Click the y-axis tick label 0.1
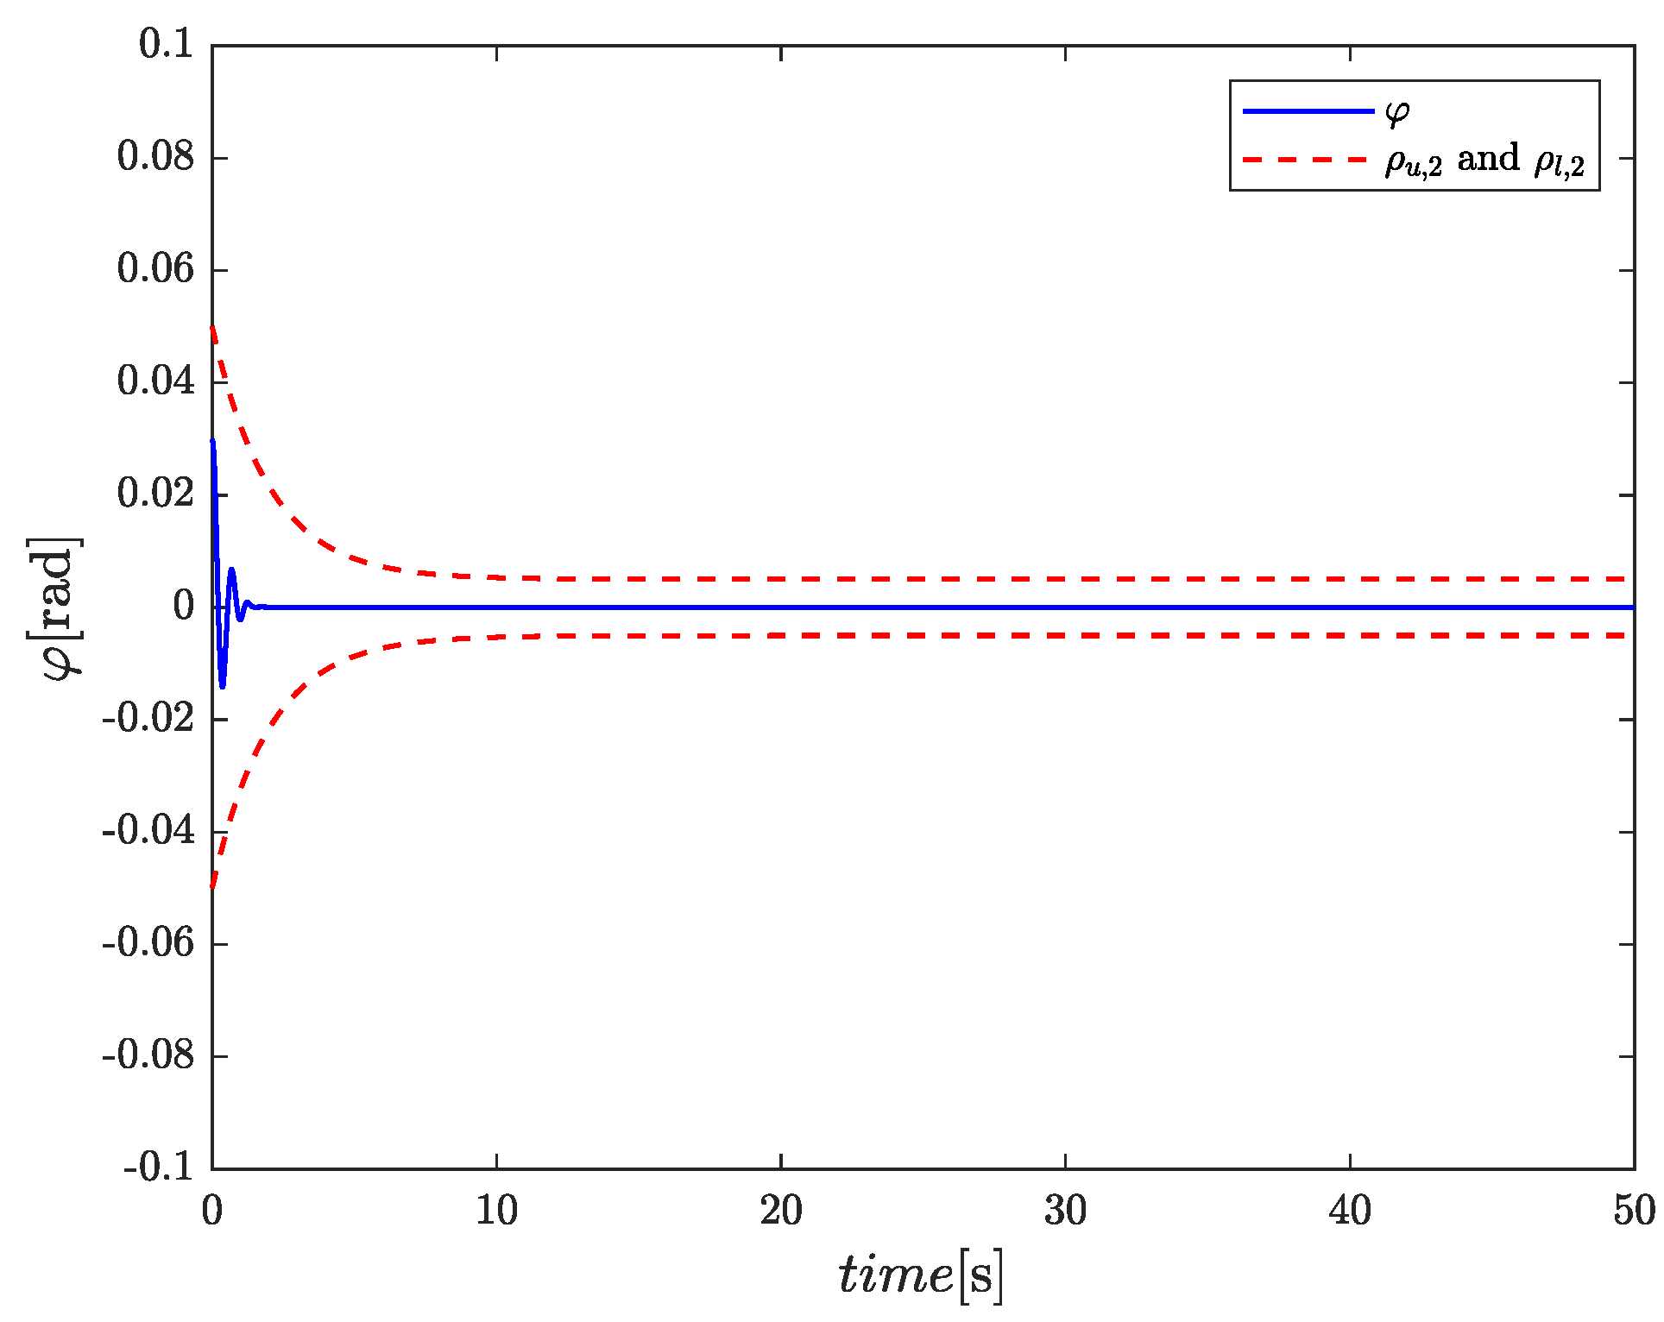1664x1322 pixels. [x=167, y=45]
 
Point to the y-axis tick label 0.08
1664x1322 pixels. [x=155, y=157]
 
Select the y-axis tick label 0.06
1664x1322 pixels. [x=155, y=269]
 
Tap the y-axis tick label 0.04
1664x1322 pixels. [x=155, y=381]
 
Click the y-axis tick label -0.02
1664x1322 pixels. [x=148, y=719]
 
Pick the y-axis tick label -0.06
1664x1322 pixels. [x=148, y=943]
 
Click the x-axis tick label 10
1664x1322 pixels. [x=496, y=1212]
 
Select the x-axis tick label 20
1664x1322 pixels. [x=781, y=1212]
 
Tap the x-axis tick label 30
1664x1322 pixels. [x=1065, y=1212]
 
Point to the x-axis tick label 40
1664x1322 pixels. [x=1350, y=1212]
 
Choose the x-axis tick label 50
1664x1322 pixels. [x=1634, y=1212]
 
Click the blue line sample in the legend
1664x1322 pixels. [x=1308, y=111]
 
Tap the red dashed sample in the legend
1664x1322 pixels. [x=1308, y=160]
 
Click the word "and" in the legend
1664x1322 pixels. [x=1488, y=160]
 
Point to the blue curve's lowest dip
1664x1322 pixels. [x=223, y=687]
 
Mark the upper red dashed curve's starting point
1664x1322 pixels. [x=212, y=326]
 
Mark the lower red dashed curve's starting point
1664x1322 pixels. [x=212, y=887]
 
